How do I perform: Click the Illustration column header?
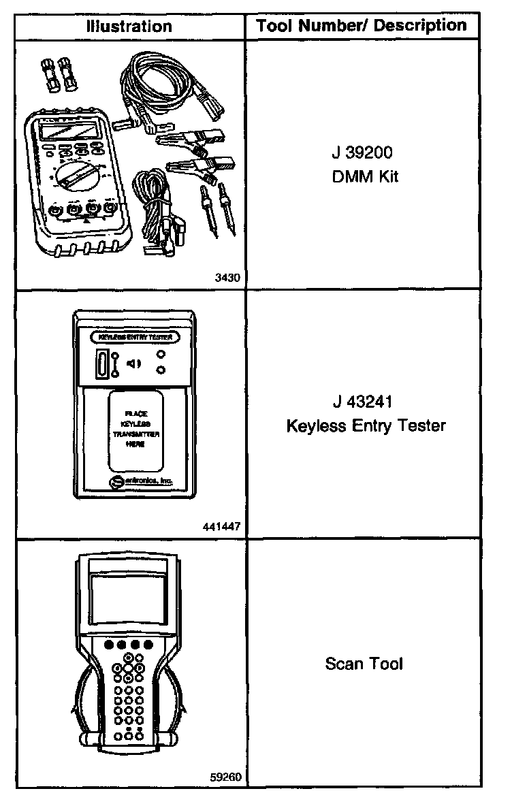coord(129,27)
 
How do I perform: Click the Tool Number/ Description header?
coord(362,26)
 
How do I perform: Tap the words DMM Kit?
coord(362,177)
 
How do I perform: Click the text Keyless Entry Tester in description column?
coord(366,426)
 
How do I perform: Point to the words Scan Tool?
coord(364,663)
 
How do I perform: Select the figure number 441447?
coord(222,527)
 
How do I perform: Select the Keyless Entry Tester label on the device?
coord(135,337)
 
